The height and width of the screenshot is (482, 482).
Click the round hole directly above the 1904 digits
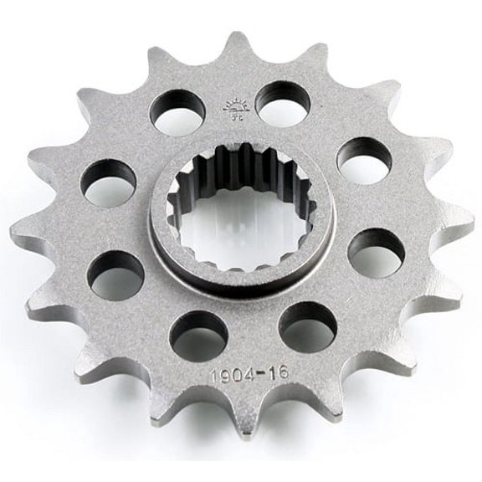[198, 333]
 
